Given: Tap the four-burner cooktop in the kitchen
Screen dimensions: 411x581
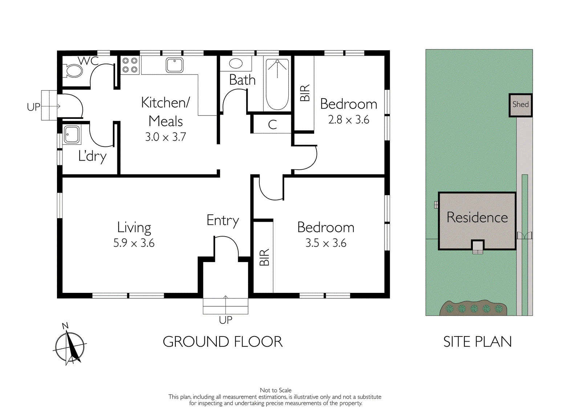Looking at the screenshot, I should pos(130,65).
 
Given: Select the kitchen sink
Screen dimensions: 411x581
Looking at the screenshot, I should pos(175,65).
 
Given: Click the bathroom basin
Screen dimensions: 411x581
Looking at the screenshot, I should pos(236,64).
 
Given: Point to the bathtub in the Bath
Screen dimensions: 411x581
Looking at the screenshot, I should pos(277,85).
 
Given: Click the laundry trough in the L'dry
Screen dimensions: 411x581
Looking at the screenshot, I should pos(72,135).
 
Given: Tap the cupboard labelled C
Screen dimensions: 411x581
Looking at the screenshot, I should pos(272,125).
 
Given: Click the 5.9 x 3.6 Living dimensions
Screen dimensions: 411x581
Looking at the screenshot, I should pos(134,243).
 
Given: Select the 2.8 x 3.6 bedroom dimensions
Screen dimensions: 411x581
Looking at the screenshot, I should pos(349,120).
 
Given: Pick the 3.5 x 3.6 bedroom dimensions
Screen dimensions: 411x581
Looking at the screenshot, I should pos(326,243).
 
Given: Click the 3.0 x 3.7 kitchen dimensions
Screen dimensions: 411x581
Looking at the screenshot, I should pos(166,137).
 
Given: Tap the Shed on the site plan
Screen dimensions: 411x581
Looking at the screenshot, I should pos(520,105).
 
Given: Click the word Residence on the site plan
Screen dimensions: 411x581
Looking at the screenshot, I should pos(477,217).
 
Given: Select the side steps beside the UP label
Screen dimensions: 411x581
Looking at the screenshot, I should pos(49,105).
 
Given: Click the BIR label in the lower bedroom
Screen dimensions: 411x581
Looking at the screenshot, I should pos(264,257).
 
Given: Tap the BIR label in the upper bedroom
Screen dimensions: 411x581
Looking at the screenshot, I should pos(305,93).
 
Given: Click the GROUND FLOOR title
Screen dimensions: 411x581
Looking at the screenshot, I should pos(223,342).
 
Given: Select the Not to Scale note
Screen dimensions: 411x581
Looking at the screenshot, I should pos(276,390).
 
